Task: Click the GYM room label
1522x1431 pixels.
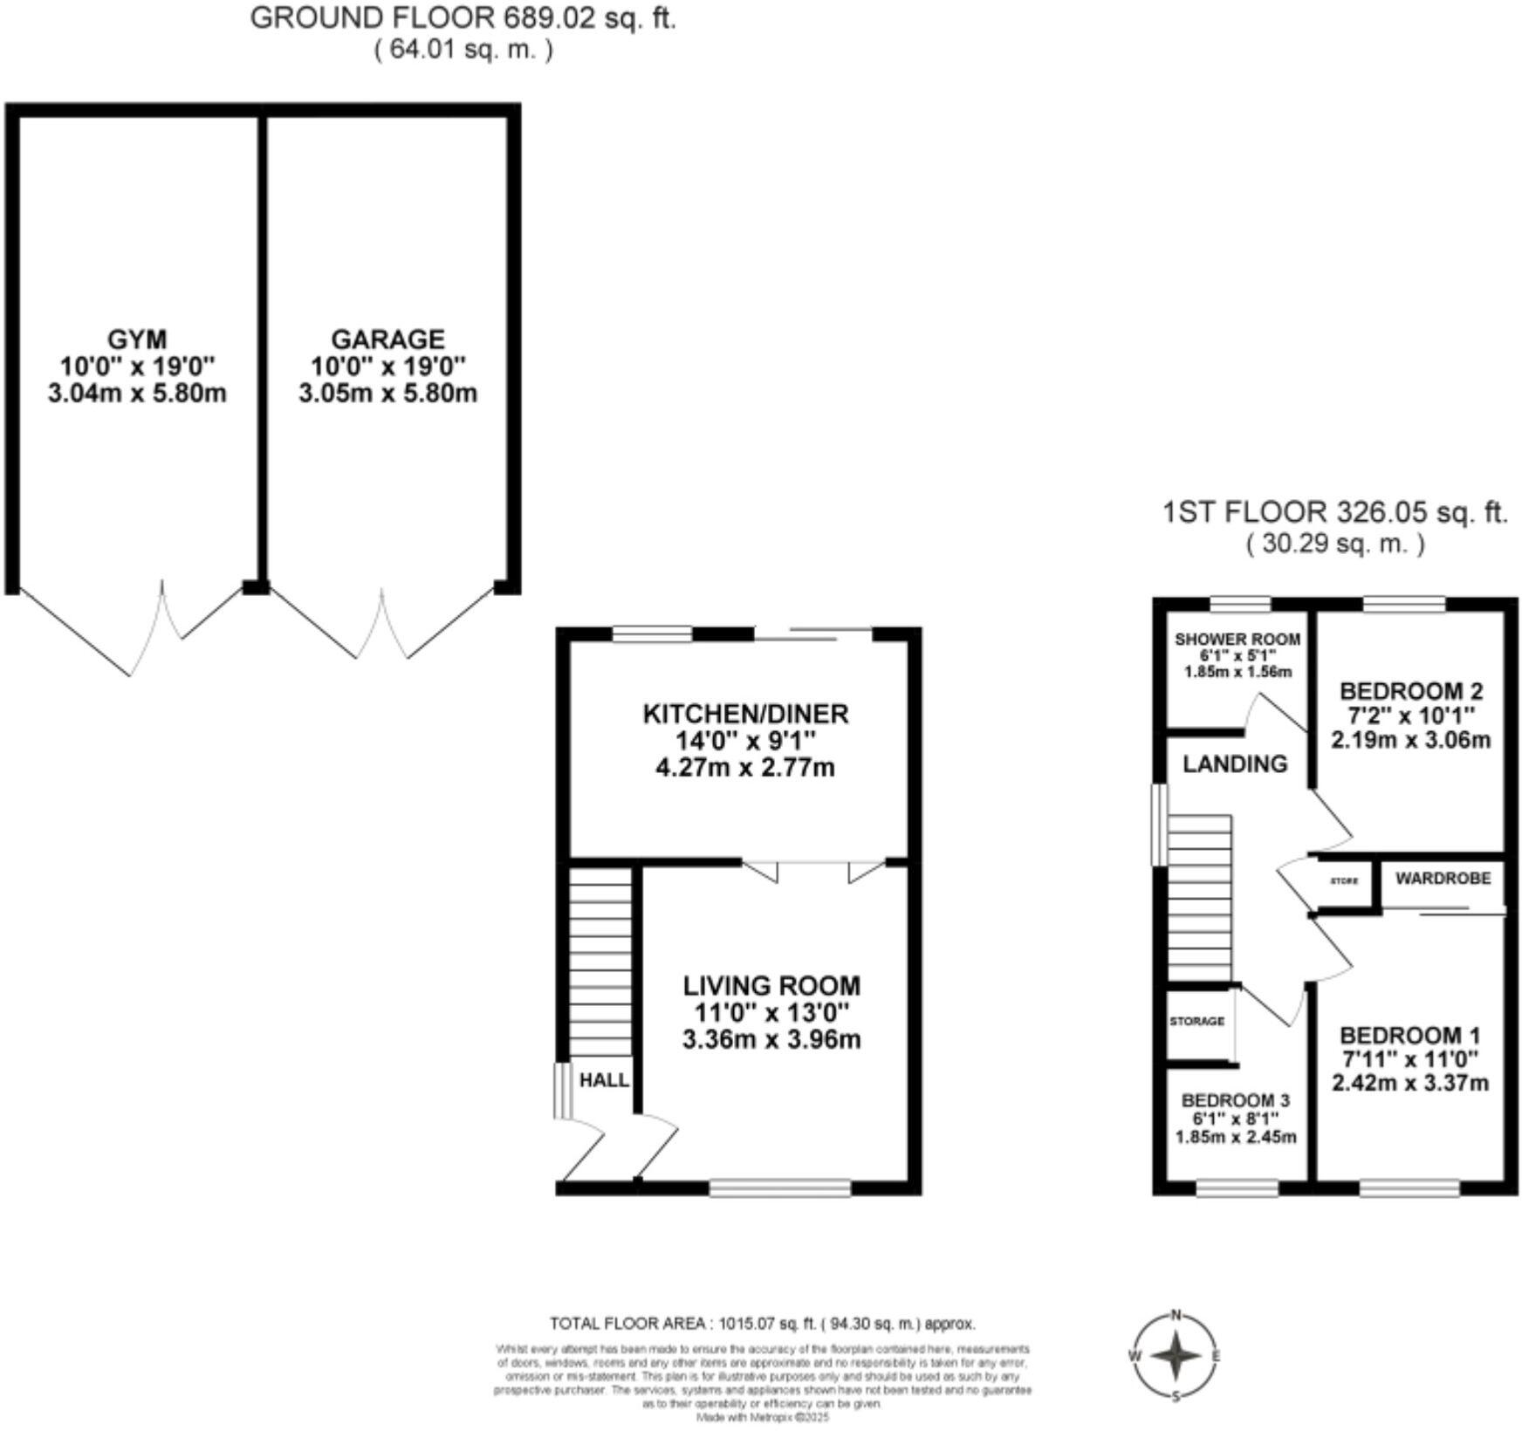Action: tap(136, 339)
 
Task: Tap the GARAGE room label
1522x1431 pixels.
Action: tap(387, 339)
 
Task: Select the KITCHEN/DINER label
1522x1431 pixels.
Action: tap(745, 714)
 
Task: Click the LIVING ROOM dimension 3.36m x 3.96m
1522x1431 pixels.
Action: tap(771, 1040)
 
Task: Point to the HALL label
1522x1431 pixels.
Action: tap(604, 1080)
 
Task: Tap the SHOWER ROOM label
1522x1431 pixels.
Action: tap(1237, 640)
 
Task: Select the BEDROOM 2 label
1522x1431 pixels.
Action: tap(1410, 691)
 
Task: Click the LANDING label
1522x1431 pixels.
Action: tap(1235, 764)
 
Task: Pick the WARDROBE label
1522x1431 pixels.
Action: tap(1443, 879)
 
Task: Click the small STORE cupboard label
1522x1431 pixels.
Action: tap(1344, 881)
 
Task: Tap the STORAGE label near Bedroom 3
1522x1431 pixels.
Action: tap(1196, 1021)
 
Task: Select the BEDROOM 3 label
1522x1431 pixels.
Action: tap(1235, 1100)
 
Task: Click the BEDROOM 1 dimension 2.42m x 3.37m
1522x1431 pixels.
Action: tap(1409, 1084)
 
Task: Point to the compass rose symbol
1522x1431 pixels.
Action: tap(1176, 1356)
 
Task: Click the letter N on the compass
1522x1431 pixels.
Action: tap(1176, 1315)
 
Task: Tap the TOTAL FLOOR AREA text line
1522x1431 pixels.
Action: tap(762, 1324)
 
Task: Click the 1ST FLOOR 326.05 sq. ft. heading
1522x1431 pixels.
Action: tap(1334, 512)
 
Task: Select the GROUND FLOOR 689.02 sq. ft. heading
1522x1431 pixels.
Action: tap(463, 18)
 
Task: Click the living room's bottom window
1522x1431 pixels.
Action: tap(779, 1188)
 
